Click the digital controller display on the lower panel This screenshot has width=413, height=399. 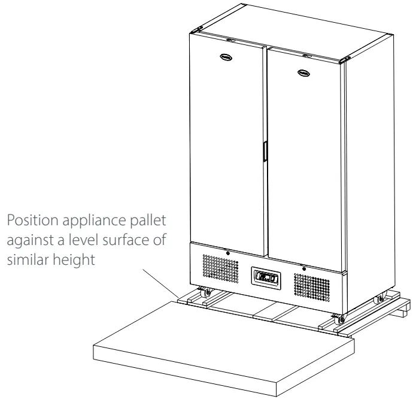click(x=265, y=277)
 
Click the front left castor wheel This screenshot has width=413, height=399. click(x=204, y=293)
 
